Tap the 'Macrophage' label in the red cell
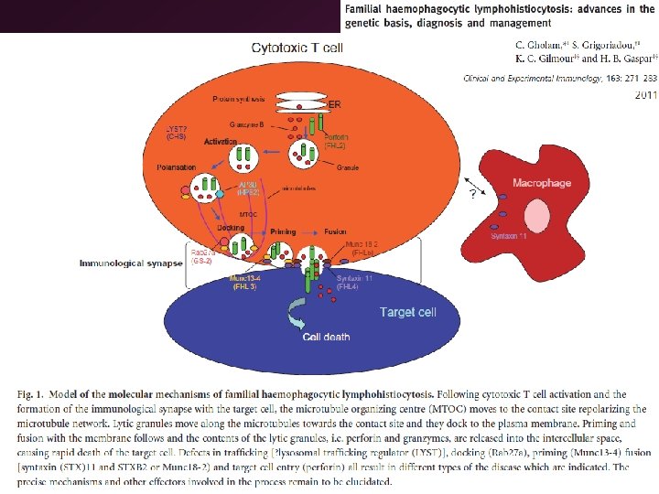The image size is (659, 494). tap(542, 183)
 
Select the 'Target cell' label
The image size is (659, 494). tap(408, 312)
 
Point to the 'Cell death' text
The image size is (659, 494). tap(327, 338)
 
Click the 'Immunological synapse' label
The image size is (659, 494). tap(130, 263)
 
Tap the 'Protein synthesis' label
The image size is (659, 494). tap(239, 99)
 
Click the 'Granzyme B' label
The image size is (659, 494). tap(247, 123)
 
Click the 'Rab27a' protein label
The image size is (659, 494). tap(201, 252)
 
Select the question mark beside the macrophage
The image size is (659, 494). tap(472, 194)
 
